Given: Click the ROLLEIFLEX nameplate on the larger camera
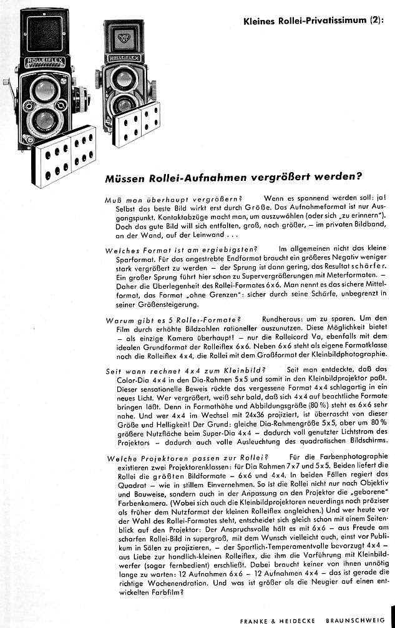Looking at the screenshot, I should click(x=44, y=62).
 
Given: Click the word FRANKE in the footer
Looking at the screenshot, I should click(x=254, y=621).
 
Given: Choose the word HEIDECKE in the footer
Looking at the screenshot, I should click(x=297, y=621).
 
